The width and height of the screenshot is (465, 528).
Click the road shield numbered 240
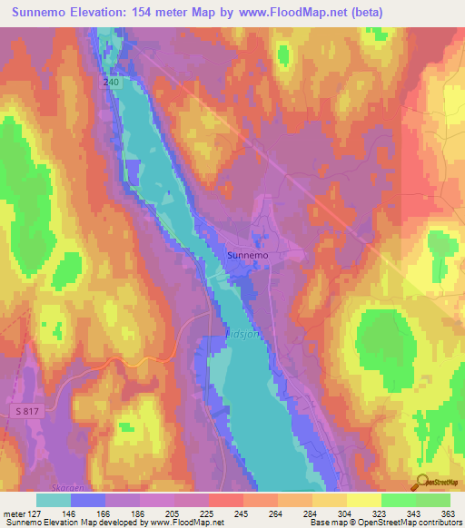tap(111, 82)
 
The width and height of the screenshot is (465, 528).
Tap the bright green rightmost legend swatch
tap(432, 499)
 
